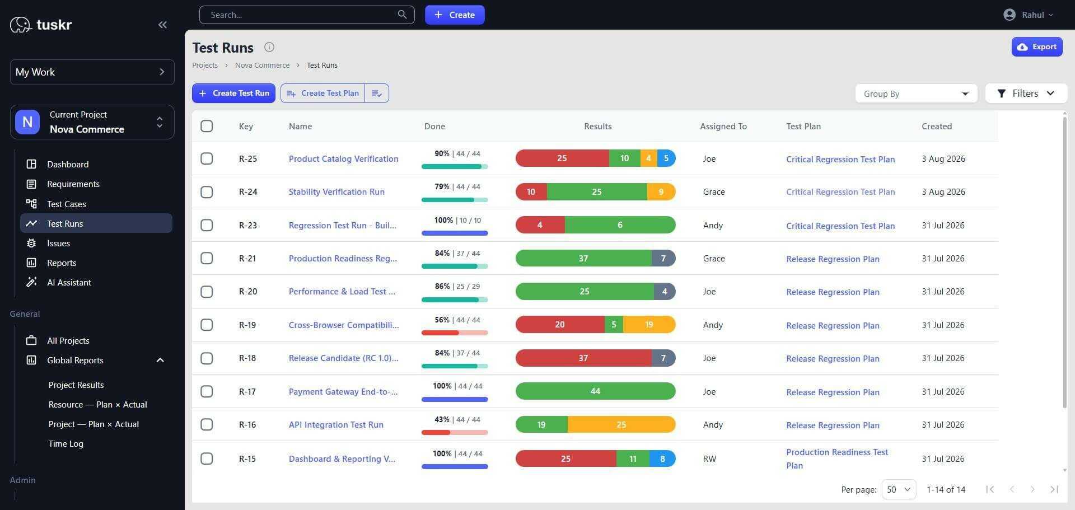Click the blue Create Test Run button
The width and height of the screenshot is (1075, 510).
pyautogui.click(x=233, y=93)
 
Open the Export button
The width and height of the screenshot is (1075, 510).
pyautogui.click(x=1036, y=47)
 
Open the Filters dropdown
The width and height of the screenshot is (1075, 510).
pyautogui.click(x=1026, y=93)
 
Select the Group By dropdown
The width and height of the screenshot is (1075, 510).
pyautogui.click(x=916, y=93)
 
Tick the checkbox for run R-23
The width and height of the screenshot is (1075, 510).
pyautogui.click(x=207, y=225)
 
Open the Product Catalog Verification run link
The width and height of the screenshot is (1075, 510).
pyautogui.click(x=343, y=159)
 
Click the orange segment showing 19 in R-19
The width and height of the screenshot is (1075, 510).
pyautogui.click(x=649, y=325)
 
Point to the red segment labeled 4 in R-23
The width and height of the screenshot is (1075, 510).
pyautogui.click(x=540, y=225)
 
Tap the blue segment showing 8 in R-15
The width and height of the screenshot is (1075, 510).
pyautogui.click(x=662, y=458)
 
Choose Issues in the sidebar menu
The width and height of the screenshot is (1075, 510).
pyautogui.click(x=58, y=243)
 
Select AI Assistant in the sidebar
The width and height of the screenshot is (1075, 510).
pyautogui.click(x=69, y=282)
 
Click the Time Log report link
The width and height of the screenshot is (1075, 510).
pyautogui.click(x=66, y=443)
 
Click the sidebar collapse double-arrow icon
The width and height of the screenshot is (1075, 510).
pyautogui.click(x=162, y=25)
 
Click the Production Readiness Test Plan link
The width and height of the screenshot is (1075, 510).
pyautogui.click(x=837, y=458)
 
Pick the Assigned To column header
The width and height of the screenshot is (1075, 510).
pyautogui.click(x=723, y=127)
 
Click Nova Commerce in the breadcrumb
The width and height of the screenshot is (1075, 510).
pyautogui.click(x=262, y=65)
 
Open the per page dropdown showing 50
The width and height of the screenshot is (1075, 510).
pyautogui.click(x=899, y=489)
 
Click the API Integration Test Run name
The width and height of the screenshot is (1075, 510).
pyautogui.click(x=336, y=425)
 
